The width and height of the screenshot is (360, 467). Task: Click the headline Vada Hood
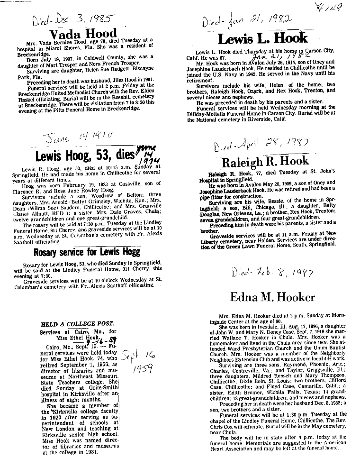[83, 34]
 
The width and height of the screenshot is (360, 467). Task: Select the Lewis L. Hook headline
[262, 38]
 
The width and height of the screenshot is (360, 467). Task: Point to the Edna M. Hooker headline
[272, 297]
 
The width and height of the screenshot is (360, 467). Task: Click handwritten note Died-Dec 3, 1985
[73, 19]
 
